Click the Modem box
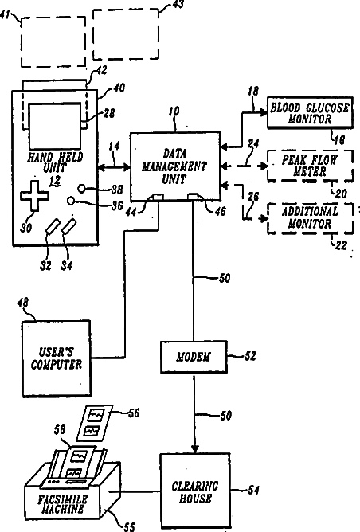tap(194, 358)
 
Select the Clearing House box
tap(195, 491)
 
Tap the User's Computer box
tap(57, 358)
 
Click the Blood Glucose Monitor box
tap(310, 113)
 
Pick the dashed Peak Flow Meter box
tap(310, 166)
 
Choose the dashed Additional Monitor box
tap(310, 218)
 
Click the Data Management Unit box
tap(175, 166)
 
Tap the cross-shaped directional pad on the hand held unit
tap(34, 196)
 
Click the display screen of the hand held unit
tap(55, 126)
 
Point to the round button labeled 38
tap(83, 188)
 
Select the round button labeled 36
tap(71, 201)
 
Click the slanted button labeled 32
tap(53, 226)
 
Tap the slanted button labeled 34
tap(69, 226)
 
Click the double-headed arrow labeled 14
tap(114, 166)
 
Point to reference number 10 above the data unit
tap(174, 111)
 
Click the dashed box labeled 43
tap(126, 34)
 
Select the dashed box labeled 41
tap(53, 41)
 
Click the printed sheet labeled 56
tap(95, 422)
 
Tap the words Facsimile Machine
tap(62, 504)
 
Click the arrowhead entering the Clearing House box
tap(195, 448)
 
